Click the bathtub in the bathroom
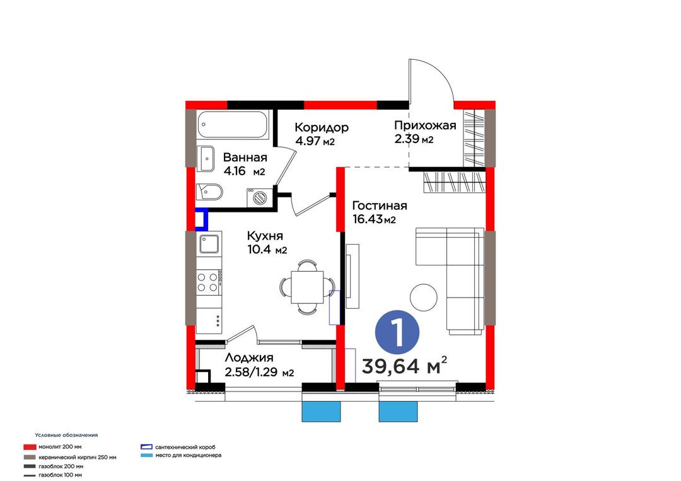(233, 125)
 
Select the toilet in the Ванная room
(209, 192)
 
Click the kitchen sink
(209, 245)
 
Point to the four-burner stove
(209, 282)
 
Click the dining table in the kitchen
(306, 287)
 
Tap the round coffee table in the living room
(424, 297)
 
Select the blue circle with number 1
(397, 332)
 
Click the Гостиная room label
(380, 206)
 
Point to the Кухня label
(265, 236)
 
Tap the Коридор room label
(322, 127)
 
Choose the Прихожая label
(425, 125)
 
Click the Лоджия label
(249, 357)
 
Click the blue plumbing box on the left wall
(201, 219)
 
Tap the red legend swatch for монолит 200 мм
(30, 447)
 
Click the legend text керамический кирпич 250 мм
(78, 457)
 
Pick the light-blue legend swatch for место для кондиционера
(147, 455)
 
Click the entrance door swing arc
(439, 74)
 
